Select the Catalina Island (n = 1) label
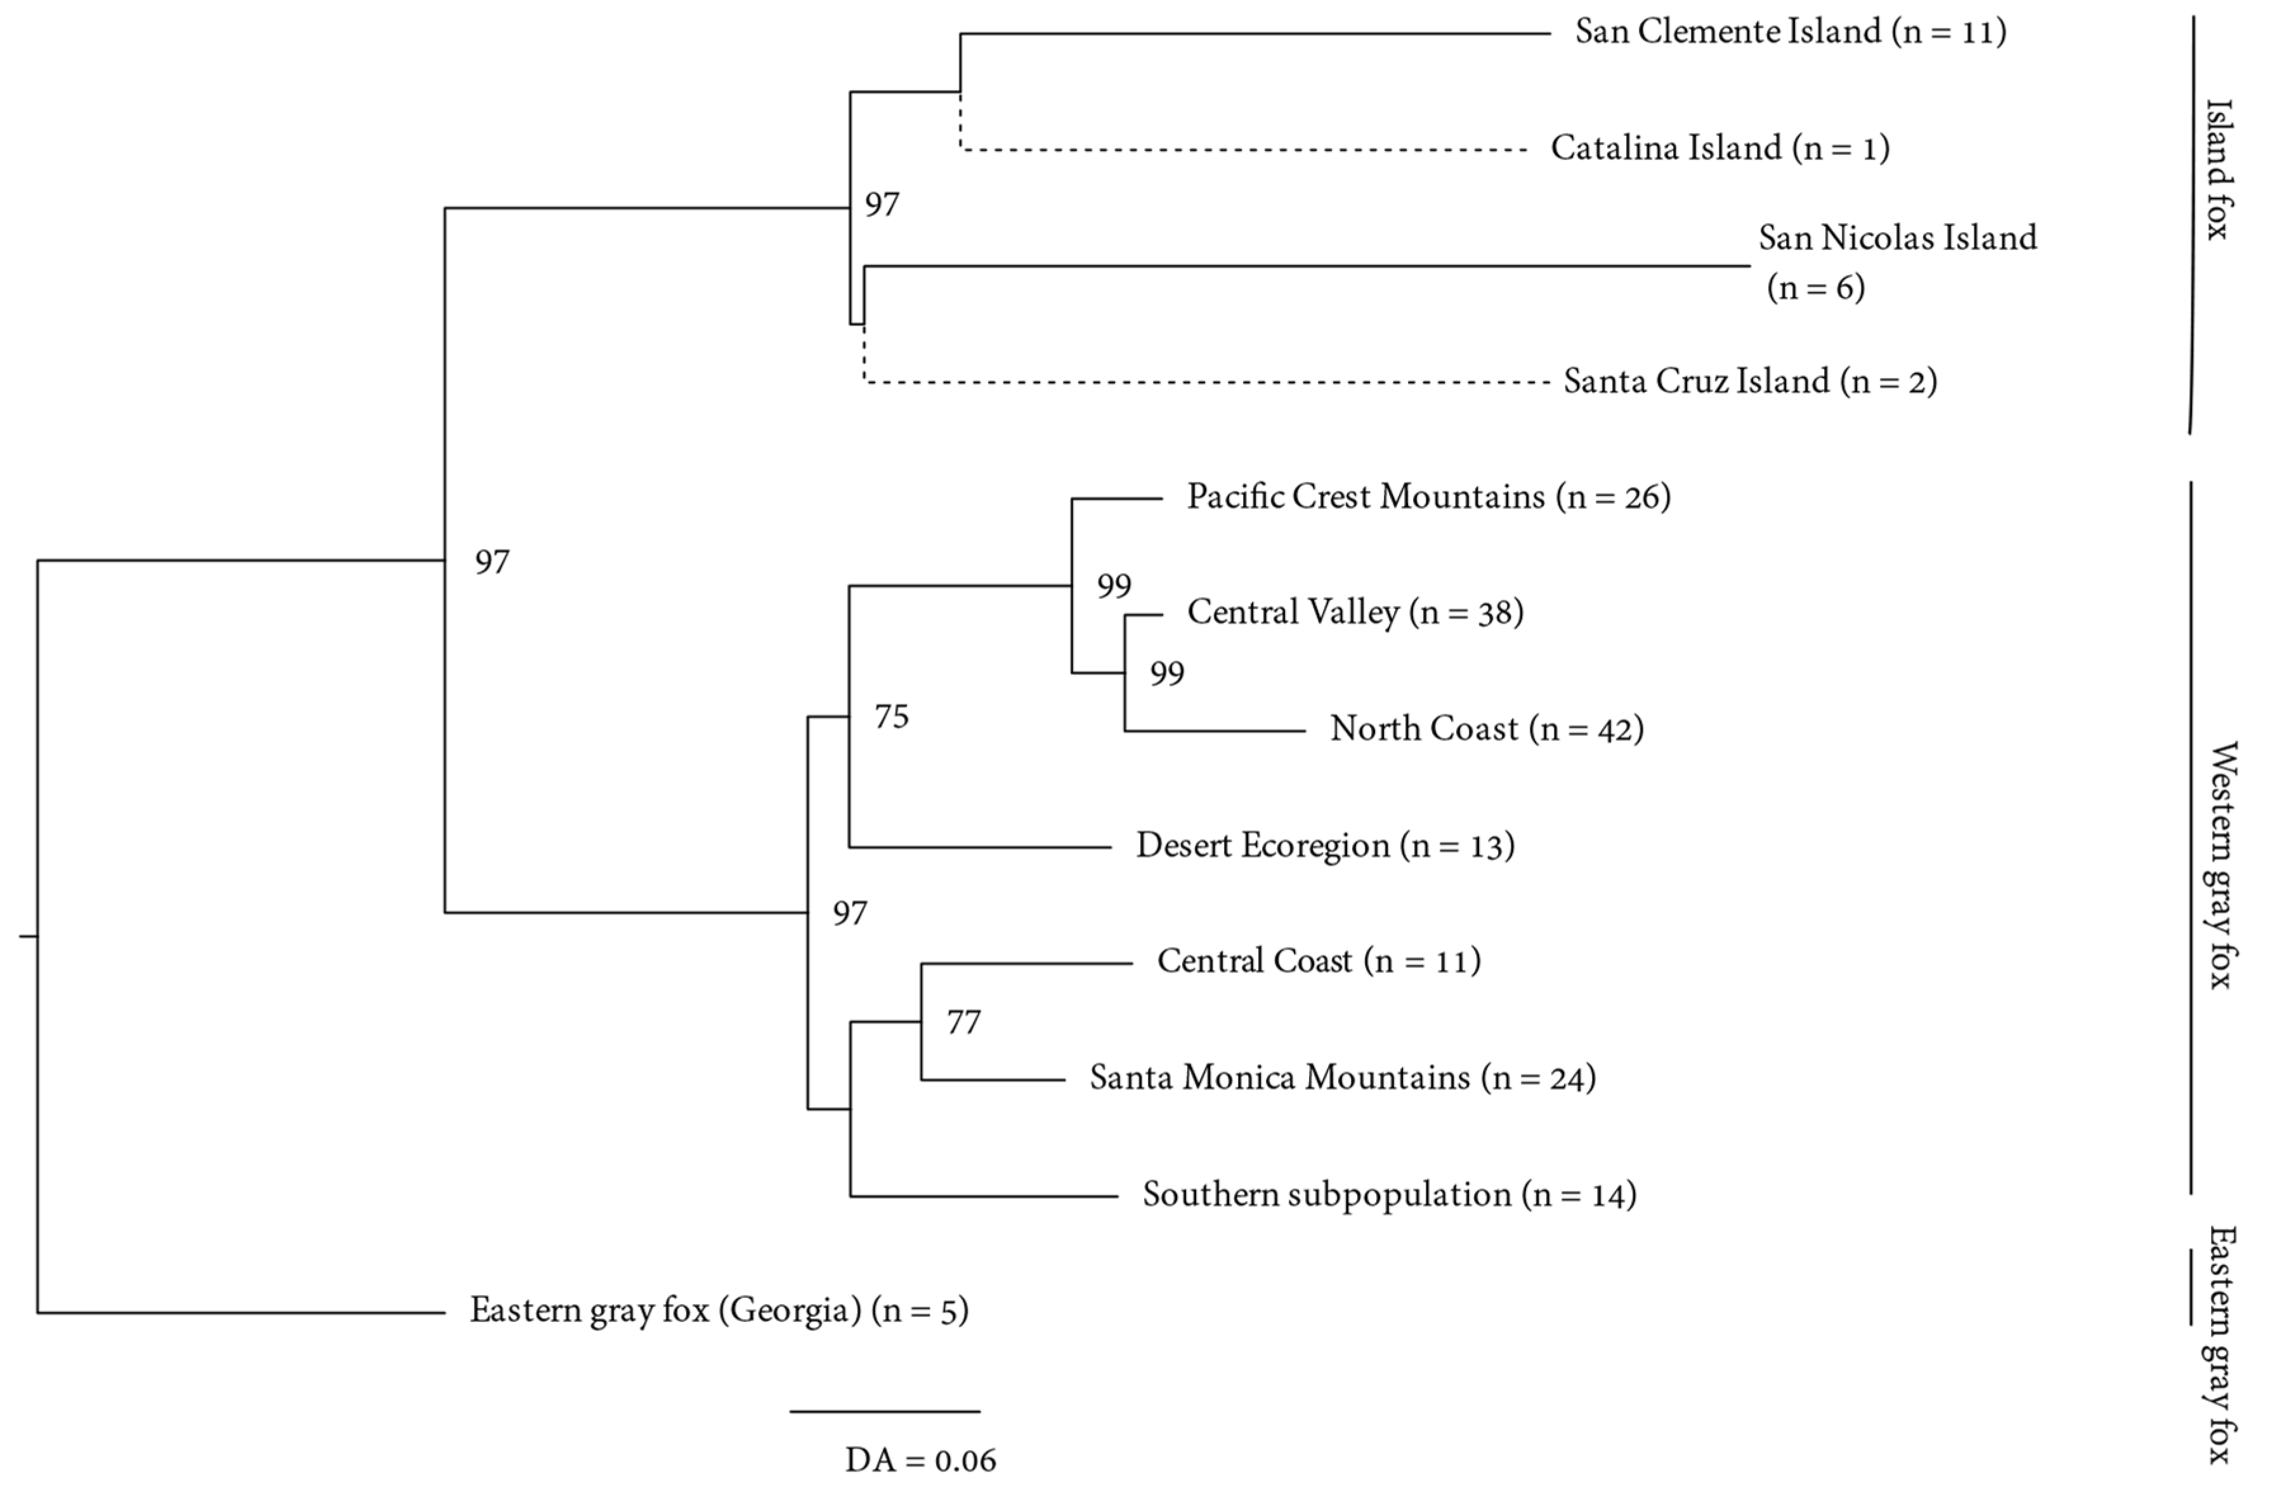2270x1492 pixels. click(1719, 148)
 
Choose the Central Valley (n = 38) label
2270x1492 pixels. click(1354, 612)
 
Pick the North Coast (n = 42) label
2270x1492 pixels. click(1486, 729)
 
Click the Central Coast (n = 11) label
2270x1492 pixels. click(1318, 960)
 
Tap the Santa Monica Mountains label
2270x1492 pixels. click(1342, 1078)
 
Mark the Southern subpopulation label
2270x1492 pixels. click(1389, 1194)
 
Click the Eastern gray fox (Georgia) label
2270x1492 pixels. click(718, 1311)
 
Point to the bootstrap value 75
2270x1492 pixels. click(892, 716)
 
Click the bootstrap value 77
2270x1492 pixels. click(963, 1023)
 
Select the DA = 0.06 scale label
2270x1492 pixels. click(920, 1460)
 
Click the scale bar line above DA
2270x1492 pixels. click(884, 1411)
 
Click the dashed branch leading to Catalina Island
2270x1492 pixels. click(1240, 150)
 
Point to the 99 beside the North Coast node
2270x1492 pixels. click(1166, 674)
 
